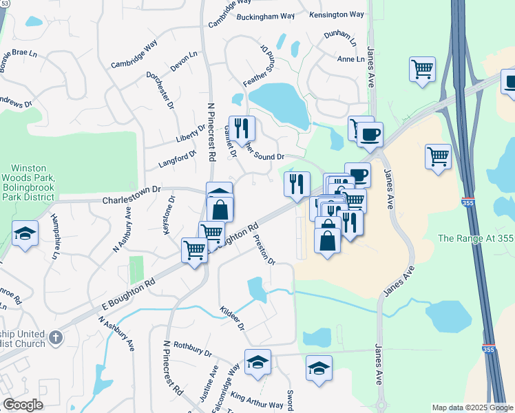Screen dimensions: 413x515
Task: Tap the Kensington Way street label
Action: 337,14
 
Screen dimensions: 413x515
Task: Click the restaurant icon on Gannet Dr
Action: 242,127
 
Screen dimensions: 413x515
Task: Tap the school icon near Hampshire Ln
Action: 24,233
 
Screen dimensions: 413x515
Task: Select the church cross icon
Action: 56,338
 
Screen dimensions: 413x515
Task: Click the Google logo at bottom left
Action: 22,404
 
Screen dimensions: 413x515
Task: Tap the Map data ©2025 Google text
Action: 472,407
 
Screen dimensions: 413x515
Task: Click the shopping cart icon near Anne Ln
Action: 422,69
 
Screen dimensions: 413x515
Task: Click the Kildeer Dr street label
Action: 233,319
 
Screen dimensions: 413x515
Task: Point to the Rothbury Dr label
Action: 192,348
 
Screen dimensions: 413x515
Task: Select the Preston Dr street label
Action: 264,252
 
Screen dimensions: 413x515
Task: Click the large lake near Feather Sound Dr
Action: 279,102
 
